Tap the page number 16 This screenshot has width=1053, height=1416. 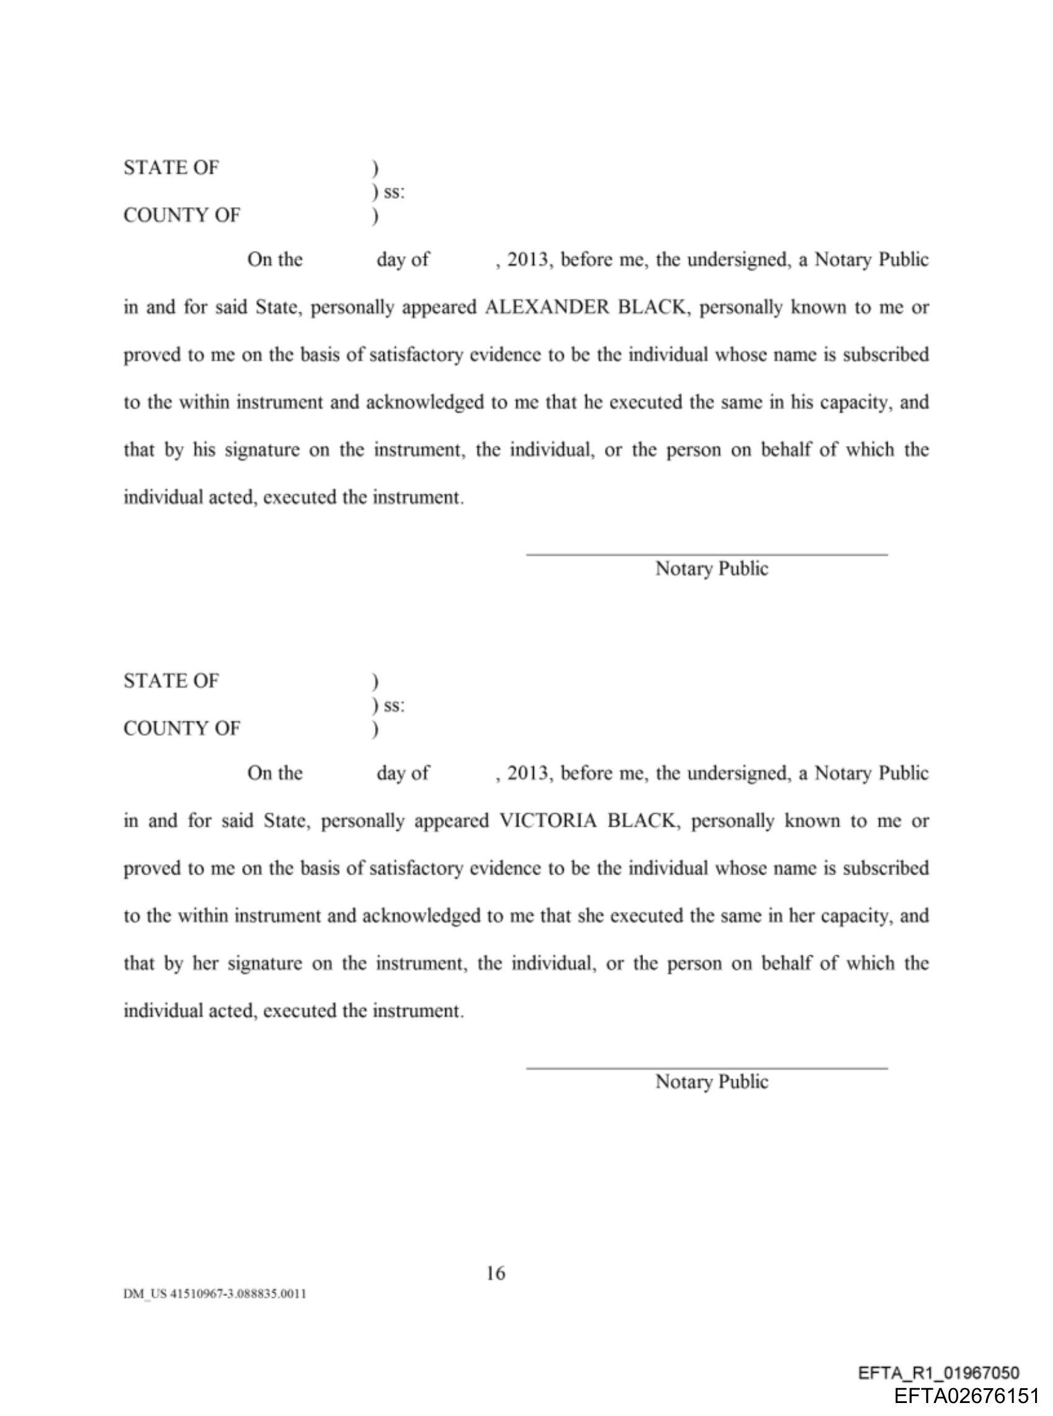point(496,1274)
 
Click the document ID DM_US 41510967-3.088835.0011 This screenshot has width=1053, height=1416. point(215,1293)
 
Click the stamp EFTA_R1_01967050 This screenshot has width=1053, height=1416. point(938,1373)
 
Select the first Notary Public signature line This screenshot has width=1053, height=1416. point(706,554)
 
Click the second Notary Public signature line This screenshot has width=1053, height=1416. point(706,1067)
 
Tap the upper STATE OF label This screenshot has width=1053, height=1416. point(171,168)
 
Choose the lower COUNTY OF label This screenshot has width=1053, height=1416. point(181,728)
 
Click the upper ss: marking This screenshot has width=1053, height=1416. point(393,192)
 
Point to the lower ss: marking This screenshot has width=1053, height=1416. point(393,706)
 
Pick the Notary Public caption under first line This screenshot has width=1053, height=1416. point(711,569)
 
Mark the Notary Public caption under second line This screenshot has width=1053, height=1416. point(711,1082)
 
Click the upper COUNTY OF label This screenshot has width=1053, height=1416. point(181,216)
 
